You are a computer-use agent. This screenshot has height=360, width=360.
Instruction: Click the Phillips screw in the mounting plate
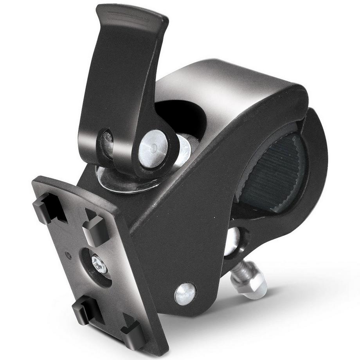(99, 265)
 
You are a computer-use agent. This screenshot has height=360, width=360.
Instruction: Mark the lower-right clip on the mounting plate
(133, 335)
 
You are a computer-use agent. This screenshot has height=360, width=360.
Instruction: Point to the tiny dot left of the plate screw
(69, 256)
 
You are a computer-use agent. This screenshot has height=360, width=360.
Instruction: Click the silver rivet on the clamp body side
(185, 293)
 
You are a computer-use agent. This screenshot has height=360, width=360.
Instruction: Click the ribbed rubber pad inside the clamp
(274, 172)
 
